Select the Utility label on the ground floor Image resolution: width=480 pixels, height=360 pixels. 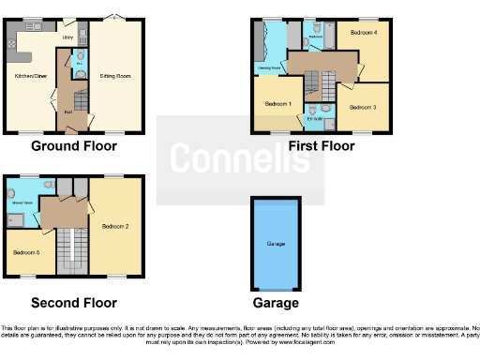67,37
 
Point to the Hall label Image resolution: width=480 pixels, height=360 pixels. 68,111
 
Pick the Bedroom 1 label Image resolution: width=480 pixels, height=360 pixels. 277,103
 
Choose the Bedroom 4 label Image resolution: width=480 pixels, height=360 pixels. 364,33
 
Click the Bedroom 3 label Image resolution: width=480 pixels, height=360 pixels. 364,107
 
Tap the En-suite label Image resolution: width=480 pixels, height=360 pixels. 314,119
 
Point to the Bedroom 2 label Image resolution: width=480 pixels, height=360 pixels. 115,226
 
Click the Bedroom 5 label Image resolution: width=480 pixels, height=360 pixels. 25,253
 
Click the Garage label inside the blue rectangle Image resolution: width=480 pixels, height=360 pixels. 276,244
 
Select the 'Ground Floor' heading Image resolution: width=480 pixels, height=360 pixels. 74,146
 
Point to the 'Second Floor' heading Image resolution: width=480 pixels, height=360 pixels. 74,303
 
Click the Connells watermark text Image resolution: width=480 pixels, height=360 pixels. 241,159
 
